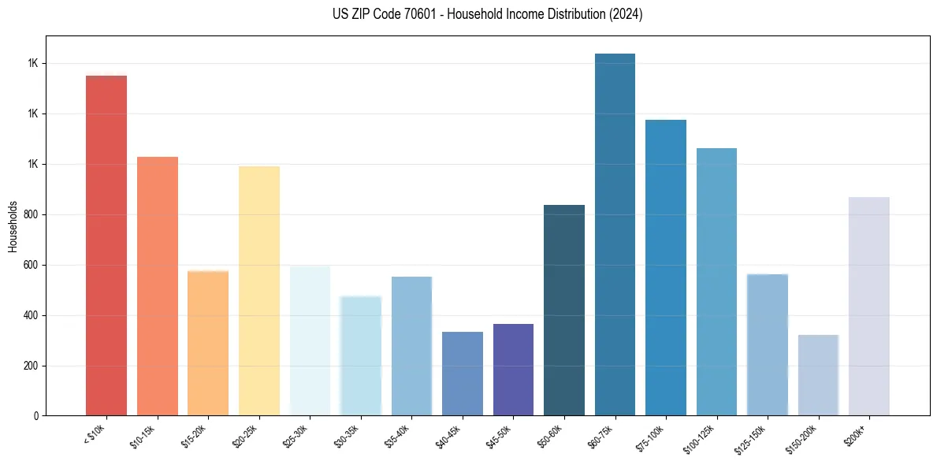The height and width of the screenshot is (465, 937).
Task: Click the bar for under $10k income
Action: [106, 245]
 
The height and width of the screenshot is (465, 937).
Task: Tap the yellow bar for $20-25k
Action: [258, 291]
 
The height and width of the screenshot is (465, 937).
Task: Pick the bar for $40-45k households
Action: [462, 374]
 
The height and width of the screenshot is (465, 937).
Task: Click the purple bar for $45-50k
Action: [513, 370]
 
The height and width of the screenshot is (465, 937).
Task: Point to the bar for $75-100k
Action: [665, 267]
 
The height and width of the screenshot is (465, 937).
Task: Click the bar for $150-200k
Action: [818, 375]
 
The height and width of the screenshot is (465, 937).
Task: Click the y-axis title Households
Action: [13, 226]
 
